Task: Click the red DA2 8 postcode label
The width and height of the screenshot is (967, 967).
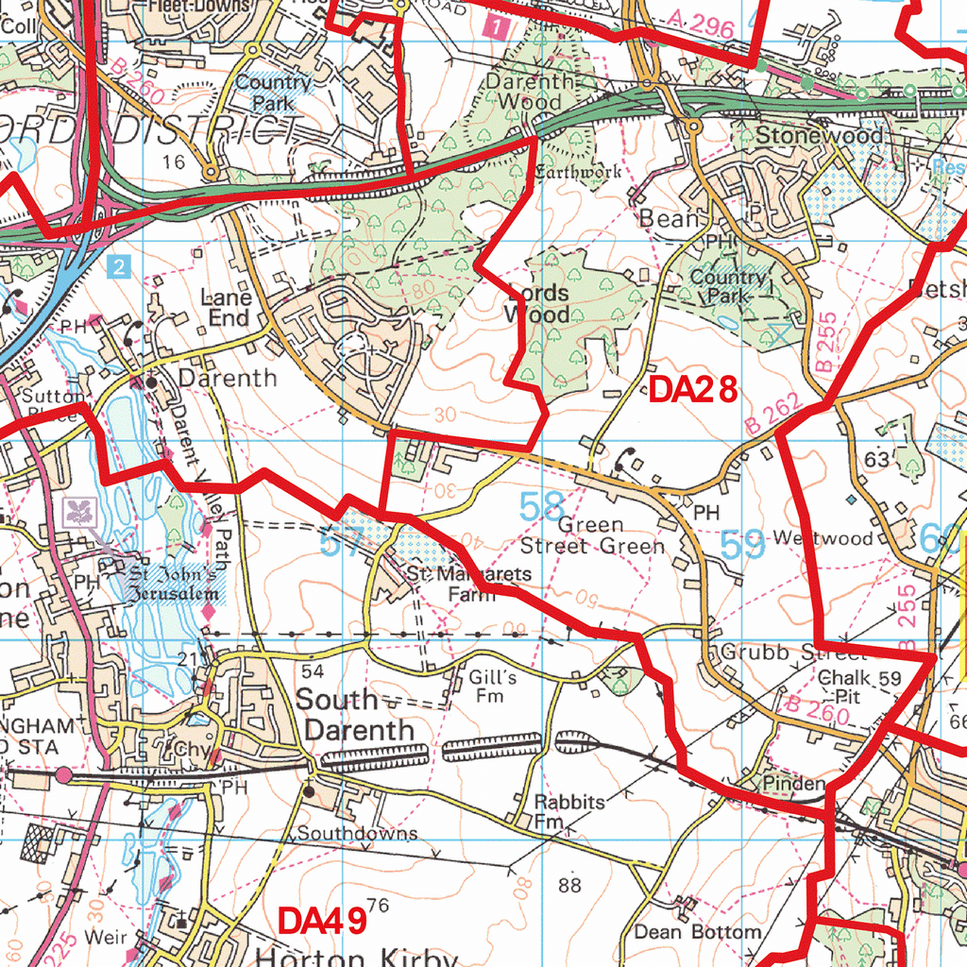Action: (692, 390)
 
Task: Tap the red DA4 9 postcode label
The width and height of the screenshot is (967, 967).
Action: (322, 920)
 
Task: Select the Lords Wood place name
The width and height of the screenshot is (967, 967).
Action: (537, 303)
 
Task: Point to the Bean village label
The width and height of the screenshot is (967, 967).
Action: (672, 219)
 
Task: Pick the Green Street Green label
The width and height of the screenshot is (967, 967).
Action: (592, 535)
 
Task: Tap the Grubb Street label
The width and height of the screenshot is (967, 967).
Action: (779, 653)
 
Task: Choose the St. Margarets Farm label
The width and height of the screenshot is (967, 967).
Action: (468, 585)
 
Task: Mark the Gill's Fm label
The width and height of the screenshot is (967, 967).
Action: (491, 687)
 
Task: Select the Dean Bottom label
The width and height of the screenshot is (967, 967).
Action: (697, 931)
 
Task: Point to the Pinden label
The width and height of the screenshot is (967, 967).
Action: (793, 784)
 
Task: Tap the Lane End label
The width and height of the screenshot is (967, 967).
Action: (228, 308)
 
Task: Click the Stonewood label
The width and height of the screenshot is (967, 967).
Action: (819, 135)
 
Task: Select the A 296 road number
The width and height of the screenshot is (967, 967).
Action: (700, 25)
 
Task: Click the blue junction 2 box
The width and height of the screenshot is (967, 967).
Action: (117, 267)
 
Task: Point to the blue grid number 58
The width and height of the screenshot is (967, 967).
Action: (542, 507)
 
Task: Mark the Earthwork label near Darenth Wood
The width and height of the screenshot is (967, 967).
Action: (578, 172)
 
